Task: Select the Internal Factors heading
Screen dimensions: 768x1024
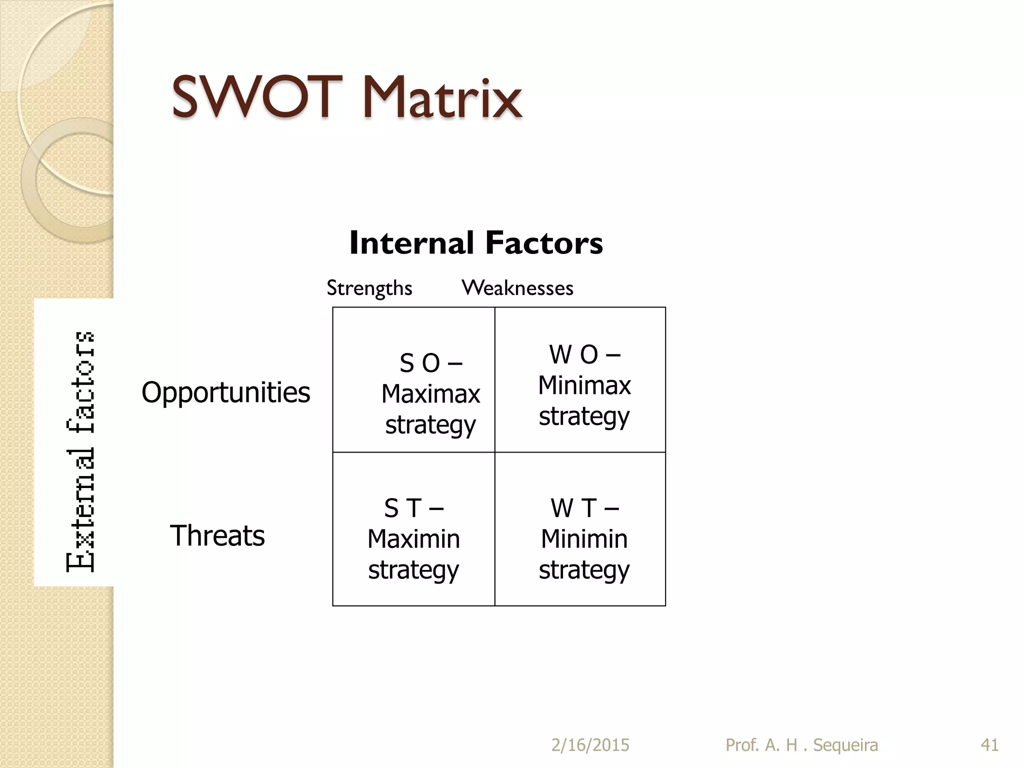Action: (x=476, y=243)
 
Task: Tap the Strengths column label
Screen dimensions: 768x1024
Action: (x=369, y=288)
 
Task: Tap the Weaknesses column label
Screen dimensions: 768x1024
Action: (x=517, y=288)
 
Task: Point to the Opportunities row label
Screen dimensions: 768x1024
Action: (x=226, y=392)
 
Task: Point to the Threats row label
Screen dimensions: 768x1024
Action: (x=217, y=535)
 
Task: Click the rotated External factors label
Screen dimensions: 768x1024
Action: (x=80, y=451)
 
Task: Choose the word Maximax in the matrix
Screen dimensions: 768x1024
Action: (x=430, y=393)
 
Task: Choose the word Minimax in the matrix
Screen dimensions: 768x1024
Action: (x=584, y=385)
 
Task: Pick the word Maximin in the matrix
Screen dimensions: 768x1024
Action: (x=413, y=539)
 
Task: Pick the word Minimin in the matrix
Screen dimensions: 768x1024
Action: (x=584, y=539)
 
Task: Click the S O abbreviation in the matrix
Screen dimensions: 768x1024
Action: (x=420, y=363)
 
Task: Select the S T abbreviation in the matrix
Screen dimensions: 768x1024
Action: (x=403, y=508)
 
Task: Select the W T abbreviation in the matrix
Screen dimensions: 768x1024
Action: (x=574, y=508)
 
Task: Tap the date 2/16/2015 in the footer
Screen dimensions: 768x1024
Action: (x=590, y=745)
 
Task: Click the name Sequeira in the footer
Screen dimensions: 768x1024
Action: (x=845, y=745)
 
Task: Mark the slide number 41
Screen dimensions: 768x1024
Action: (x=989, y=745)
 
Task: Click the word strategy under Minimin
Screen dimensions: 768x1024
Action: (x=584, y=570)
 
